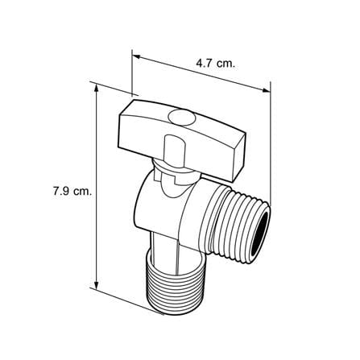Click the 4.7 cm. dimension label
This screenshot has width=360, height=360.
coord(216,64)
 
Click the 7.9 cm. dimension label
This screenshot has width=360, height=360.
coord(72,192)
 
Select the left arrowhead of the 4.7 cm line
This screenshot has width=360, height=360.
coord(136,57)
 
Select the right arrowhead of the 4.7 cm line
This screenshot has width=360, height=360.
coord(266,90)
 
